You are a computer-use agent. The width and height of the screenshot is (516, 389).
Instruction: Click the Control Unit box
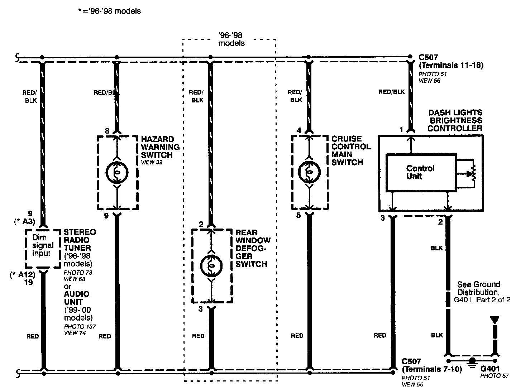point(421,172)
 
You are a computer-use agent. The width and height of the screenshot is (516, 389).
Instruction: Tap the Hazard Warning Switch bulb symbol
point(117,172)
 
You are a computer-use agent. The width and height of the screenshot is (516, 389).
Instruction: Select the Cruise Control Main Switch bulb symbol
point(309,172)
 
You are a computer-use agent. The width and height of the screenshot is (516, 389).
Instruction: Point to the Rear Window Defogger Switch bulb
point(211,265)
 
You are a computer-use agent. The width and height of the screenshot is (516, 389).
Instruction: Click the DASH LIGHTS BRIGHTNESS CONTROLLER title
point(455,120)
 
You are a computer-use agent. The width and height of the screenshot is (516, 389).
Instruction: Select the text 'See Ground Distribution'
point(478,288)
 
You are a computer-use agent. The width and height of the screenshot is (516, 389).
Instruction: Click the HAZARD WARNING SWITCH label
point(160,147)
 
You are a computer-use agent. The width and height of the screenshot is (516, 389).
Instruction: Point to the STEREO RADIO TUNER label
point(80,240)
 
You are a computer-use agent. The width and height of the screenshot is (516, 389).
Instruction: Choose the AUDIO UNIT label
point(77,298)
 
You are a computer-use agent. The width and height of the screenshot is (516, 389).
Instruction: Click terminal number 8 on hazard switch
point(107,131)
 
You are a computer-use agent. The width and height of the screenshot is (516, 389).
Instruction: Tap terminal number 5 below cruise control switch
point(298,216)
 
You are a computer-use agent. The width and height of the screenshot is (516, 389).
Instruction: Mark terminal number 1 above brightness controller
point(402,129)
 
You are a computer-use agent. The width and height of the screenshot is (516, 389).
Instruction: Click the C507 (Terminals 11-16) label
point(451,61)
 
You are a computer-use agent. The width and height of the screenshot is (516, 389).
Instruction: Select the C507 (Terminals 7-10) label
point(431,365)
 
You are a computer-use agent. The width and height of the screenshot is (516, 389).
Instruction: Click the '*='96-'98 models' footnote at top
point(109,11)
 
